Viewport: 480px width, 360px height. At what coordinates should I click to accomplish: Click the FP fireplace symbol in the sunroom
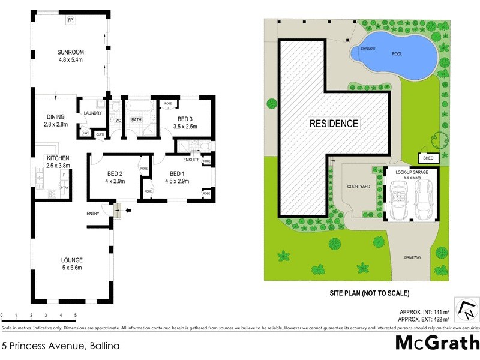(x=71, y=20)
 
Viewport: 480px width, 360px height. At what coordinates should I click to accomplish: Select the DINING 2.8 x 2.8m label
(x=55, y=121)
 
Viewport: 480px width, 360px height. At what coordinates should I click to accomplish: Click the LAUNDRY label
(x=93, y=112)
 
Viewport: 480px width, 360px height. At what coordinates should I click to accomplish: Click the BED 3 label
(x=186, y=118)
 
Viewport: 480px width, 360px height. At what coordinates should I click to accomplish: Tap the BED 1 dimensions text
(x=168, y=181)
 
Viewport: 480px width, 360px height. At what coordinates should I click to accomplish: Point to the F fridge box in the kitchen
(x=64, y=175)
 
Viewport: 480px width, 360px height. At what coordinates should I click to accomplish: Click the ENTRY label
(x=93, y=214)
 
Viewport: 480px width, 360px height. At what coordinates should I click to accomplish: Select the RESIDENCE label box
(x=334, y=124)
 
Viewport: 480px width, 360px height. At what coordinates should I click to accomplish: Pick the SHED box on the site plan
(x=428, y=158)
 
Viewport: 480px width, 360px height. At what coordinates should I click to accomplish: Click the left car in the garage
(x=398, y=200)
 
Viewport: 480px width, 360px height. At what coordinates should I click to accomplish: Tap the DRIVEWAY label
(x=413, y=257)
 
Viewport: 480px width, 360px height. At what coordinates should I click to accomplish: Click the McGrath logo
(x=437, y=343)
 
